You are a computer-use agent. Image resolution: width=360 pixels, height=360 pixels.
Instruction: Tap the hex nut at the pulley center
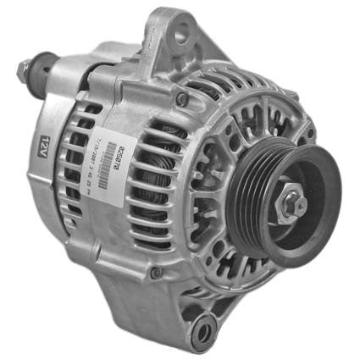tap(291, 202)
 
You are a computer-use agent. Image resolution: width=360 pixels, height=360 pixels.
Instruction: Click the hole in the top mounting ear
tap(180, 34)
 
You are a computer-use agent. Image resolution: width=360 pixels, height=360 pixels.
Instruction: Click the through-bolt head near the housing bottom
tap(154, 274)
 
